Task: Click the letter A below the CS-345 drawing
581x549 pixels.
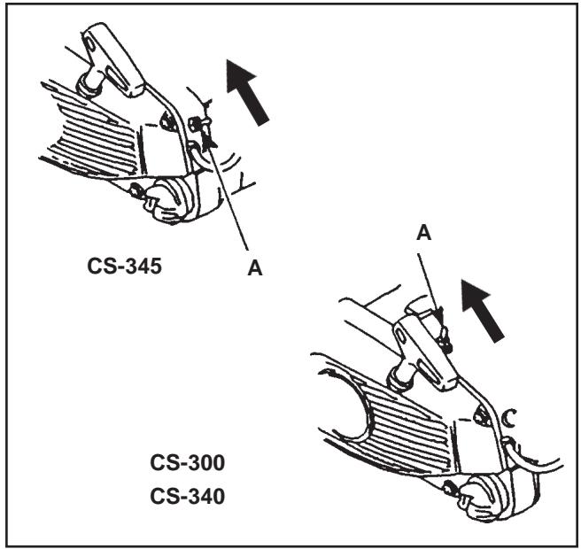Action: tap(256, 268)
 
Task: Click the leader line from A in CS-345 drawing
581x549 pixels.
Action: tap(229, 195)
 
